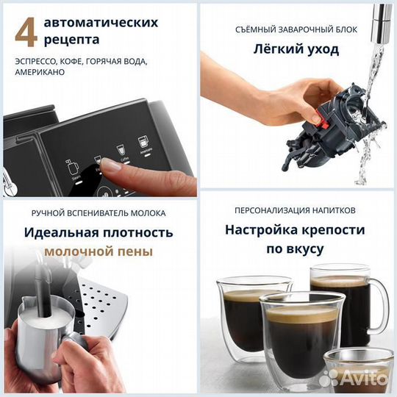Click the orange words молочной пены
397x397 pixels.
tap(99, 251)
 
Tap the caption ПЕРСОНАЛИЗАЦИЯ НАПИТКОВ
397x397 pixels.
tap(297, 209)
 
